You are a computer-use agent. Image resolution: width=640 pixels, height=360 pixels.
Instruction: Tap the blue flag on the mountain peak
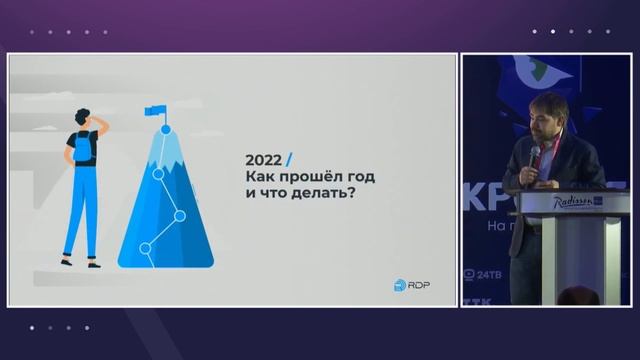pyautogui.click(x=155, y=111)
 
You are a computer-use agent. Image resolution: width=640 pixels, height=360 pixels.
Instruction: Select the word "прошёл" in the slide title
pyautogui.click(x=305, y=177)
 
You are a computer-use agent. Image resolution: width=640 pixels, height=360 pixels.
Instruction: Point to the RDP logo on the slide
pyautogui.click(x=410, y=285)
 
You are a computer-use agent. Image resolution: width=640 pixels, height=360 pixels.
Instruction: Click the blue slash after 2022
pyautogui.click(x=289, y=159)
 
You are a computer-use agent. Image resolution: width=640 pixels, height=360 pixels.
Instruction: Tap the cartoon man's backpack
pyautogui.click(x=83, y=150)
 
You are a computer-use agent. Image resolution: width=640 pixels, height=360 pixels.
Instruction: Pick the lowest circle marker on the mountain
pyautogui.click(x=145, y=247)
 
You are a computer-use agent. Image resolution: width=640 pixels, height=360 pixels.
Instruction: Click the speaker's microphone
pyautogui.click(x=534, y=154)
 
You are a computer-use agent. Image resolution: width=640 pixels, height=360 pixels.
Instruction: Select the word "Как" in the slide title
pyautogui.click(x=259, y=177)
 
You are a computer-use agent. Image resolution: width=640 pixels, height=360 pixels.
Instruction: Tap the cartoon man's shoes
pyautogui.click(x=80, y=262)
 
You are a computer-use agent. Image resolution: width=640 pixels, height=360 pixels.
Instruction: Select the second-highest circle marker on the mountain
pyautogui.click(x=158, y=173)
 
